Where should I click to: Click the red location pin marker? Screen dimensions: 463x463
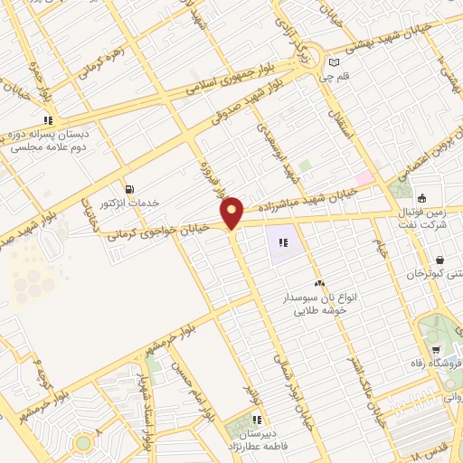tap(232, 213)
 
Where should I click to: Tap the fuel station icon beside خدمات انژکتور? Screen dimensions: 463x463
tap(130, 189)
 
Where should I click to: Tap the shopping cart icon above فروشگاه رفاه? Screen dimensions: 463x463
tap(436, 350)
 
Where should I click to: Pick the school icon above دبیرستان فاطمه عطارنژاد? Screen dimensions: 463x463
tap(258, 420)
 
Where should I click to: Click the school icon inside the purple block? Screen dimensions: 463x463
tap(283, 242)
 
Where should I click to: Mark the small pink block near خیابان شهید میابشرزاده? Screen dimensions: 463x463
tap(364, 178)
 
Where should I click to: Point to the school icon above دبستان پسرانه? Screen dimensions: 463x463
tap(50, 118)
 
